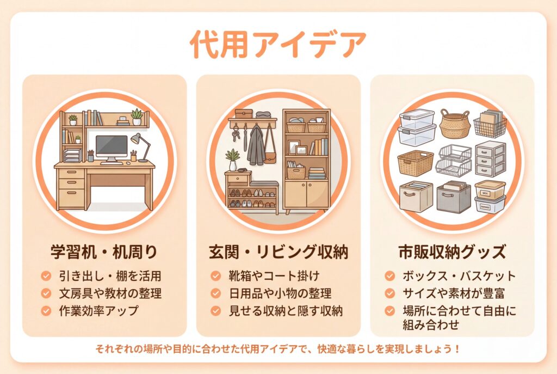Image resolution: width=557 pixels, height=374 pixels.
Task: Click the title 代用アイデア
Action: pos(278,45)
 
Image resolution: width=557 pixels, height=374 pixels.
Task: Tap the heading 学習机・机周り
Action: pos(104,252)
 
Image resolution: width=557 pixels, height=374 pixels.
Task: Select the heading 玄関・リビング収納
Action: pos(278,252)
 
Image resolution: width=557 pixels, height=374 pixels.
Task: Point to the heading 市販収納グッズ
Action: pos(452,252)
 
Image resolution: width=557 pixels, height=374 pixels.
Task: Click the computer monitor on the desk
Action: pos(112,149)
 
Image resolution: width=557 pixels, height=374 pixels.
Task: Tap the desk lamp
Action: pos(141,147)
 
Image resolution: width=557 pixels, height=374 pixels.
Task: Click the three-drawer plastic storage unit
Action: pos(491,158)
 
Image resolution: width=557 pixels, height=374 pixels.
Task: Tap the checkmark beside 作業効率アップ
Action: pos(46,311)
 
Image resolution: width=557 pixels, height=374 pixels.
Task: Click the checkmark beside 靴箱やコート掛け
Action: pos(215,276)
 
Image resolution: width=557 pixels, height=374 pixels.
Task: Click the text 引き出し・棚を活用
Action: pos(110,276)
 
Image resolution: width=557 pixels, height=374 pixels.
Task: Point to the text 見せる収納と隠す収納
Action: pos(286,311)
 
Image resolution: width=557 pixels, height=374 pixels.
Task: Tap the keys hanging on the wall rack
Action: pos(235,135)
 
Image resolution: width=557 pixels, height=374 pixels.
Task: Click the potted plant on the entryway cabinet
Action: pos(232,160)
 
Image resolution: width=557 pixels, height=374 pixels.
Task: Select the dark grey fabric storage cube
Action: pos(454,197)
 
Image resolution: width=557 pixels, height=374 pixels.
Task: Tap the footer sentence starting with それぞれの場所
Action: pos(278,349)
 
